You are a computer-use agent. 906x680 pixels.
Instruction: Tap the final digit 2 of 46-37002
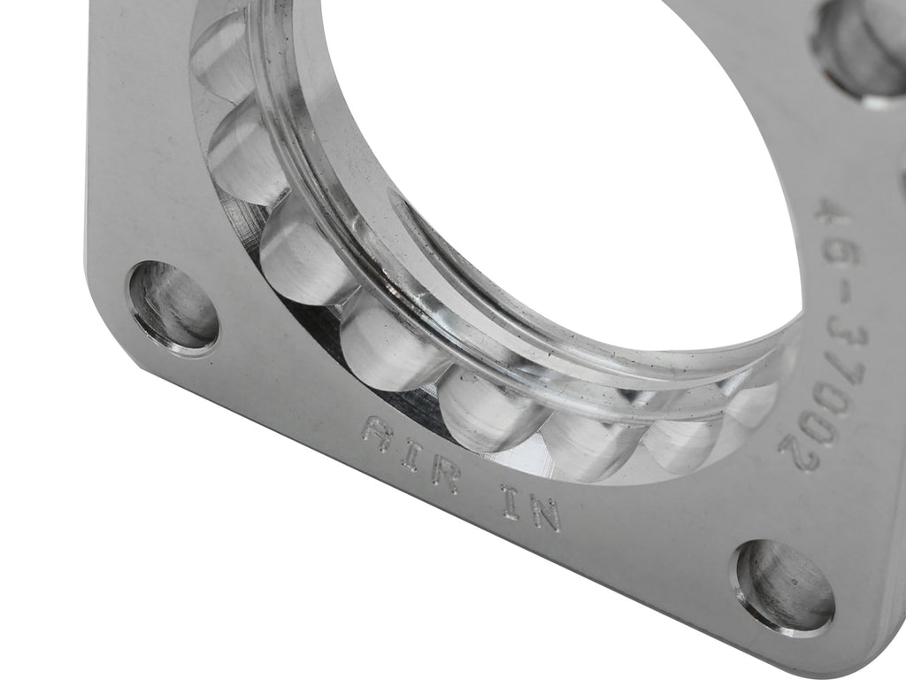795,448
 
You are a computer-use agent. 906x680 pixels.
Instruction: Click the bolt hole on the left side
173,307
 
